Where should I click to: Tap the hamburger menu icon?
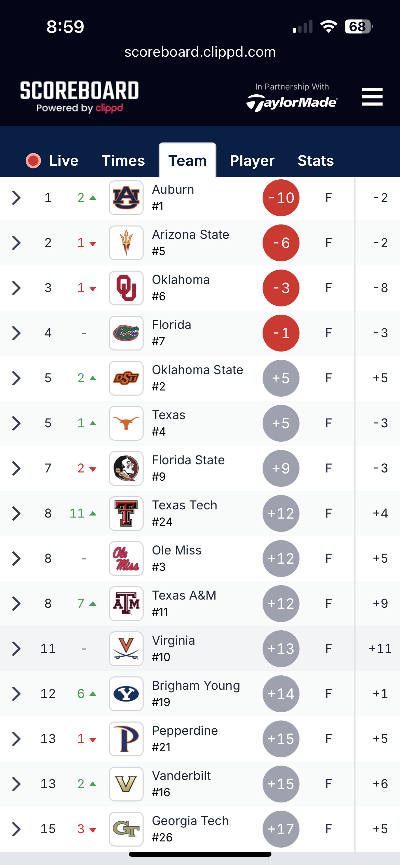(x=372, y=97)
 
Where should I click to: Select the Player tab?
(x=252, y=161)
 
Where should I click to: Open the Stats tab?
(x=316, y=161)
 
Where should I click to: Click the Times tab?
(x=123, y=161)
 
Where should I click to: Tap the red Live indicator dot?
(x=34, y=161)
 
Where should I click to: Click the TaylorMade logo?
(x=292, y=103)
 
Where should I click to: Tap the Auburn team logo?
(x=126, y=198)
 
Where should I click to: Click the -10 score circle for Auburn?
(x=281, y=198)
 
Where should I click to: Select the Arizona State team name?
(x=190, y=235)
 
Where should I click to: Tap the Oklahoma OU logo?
(x=126, y=288)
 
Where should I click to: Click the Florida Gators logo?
(x=126, y=333)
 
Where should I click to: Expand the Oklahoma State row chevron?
(x=16, y=378)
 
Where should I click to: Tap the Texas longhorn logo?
(x=126, y=423)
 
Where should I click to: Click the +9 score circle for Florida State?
(x=281, y=468)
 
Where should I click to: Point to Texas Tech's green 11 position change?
(x=77, y=513)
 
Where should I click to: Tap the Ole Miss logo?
(x=126, y=559)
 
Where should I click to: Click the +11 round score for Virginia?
(x=380, y=648)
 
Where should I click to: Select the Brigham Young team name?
(x=196, y=686)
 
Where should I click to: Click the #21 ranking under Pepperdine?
(x=161, y=747)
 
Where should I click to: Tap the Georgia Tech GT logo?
(x=126, y=829)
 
